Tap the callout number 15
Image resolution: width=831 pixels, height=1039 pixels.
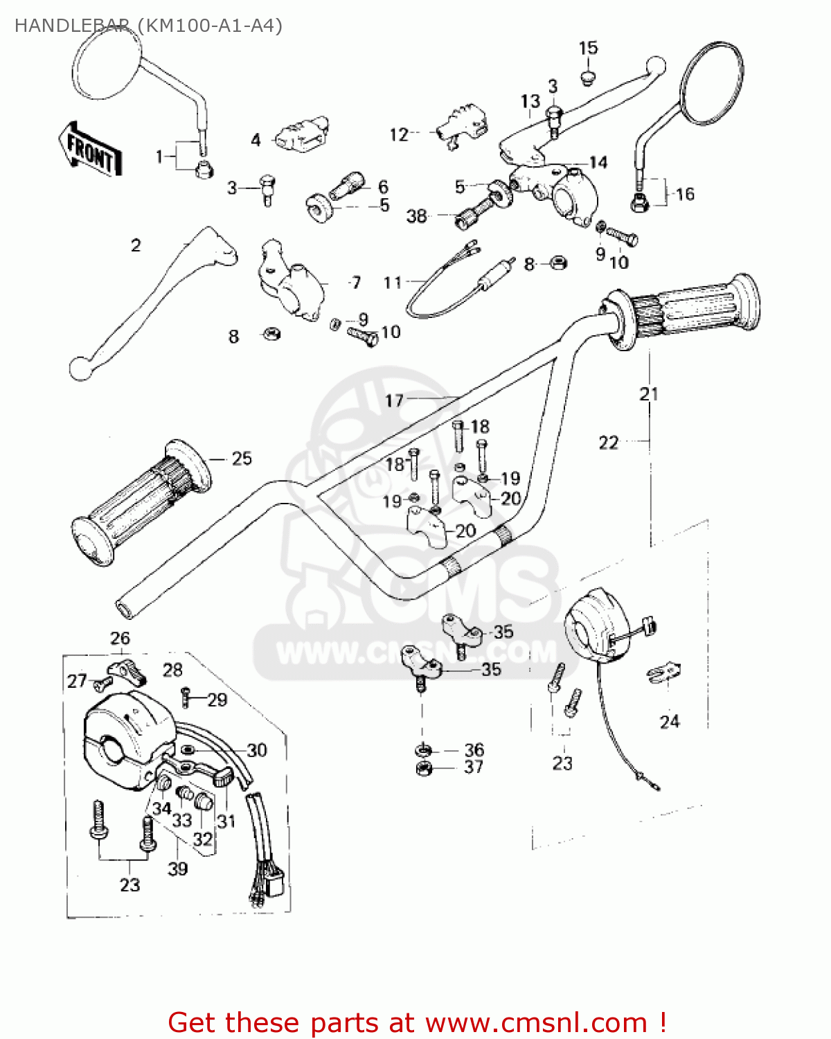click(x=588, y=48)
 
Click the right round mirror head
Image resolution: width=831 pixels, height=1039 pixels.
click(x=713, y=83)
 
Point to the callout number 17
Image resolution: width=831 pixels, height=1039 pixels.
click(x=394, y=400)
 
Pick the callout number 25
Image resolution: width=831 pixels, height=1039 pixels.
click(x=242, y=459)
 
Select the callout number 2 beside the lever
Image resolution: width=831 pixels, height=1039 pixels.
click(x=136, y=245)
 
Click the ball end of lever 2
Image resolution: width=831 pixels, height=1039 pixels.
click(x=80, y=368)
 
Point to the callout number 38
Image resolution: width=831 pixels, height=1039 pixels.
click(x=416, y=216)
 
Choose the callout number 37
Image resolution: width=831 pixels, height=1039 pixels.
click(x=474, y=767)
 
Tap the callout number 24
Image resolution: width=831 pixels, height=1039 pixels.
click(x=670, y=722)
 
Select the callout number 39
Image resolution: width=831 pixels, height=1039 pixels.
click(x=178, y=868)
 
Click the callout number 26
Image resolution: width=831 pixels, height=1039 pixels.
click(x=120, y=638)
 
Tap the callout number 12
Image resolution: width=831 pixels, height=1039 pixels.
click(x=399, y=134)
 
